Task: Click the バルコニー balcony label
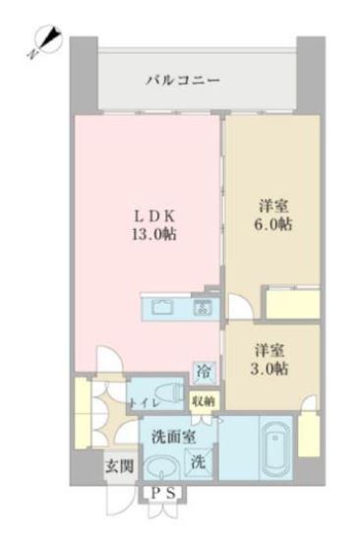(x=184, y=79)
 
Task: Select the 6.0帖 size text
(x=272, y=223)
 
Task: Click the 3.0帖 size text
(x=268, y=368)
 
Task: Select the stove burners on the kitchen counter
(x=204, y=308)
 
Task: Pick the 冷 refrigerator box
(x=204, y=372)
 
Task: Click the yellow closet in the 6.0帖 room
(x=291, y=304)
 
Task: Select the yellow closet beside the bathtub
(x=308, y=436)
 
